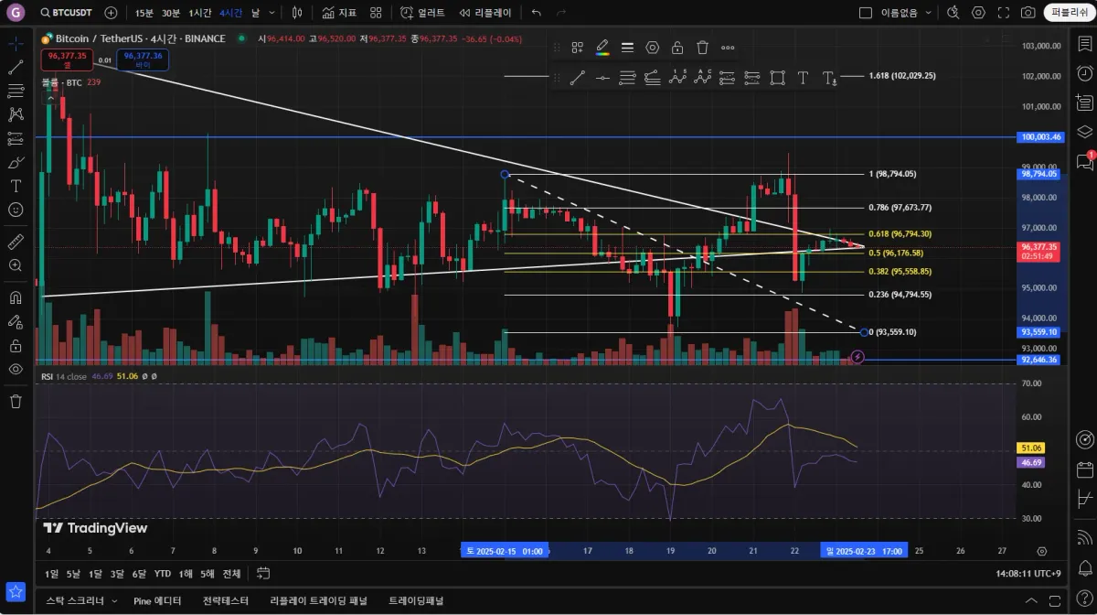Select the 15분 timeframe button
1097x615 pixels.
pos(144,13)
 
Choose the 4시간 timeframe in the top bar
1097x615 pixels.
pos(230,13)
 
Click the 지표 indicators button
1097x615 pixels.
pos(339,13)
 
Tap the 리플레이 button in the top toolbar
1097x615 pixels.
pos(485,13)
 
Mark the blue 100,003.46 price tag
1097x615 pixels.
pos(1040,137)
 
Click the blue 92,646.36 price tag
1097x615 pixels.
pos(1040,360)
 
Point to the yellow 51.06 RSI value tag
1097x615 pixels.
pos(1030,448)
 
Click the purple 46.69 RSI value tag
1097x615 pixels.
pos(1030,463)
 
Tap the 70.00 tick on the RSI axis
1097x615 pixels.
pos(1031,383)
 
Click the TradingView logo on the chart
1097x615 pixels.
pos(95,528)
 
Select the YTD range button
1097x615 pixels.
pos(162,574)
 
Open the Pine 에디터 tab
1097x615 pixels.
pos(157,601)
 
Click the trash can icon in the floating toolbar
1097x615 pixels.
pos(702,48)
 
